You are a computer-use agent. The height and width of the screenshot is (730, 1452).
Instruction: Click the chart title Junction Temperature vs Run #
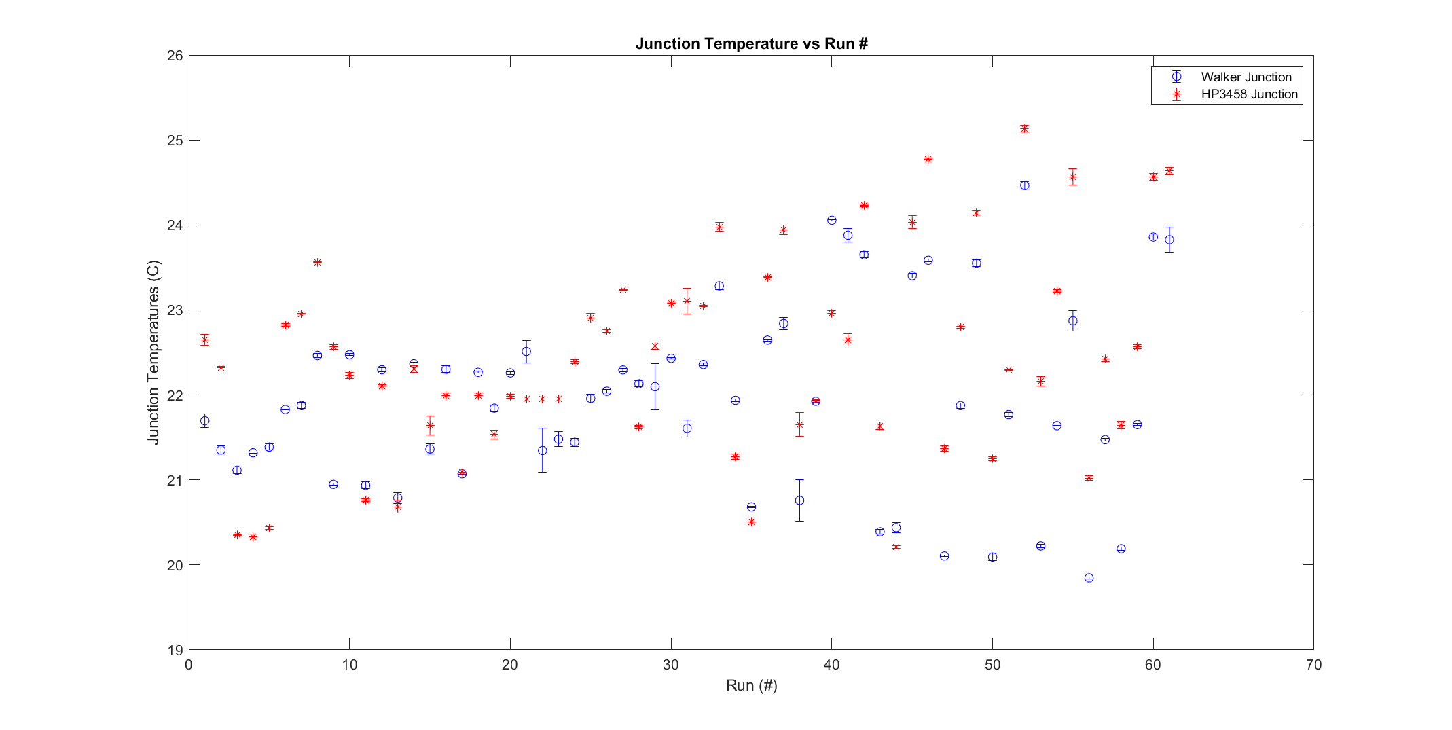click(x=751, y=44)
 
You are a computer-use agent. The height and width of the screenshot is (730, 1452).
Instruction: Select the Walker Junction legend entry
click(x=1246, y=77)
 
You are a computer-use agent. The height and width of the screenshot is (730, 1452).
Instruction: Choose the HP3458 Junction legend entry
click(x=1249, y=94)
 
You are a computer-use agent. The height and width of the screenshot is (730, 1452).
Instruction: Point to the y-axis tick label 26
click(x=175, y=56)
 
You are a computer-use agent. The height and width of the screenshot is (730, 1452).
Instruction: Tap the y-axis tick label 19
click(x=175, y=650)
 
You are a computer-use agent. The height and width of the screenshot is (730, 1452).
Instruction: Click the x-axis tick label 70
click(x=1313, y=665)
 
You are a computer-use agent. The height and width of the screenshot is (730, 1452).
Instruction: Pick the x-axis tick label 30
click(x=671, y=665)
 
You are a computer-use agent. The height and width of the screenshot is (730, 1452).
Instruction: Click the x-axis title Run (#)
click(x=751, y=686)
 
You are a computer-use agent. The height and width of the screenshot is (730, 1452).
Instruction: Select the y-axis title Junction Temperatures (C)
click(x=153, y=352)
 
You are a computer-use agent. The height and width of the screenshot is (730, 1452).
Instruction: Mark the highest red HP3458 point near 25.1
click(x=1024, y=128)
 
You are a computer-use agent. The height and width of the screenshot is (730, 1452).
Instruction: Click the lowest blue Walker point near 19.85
click(x=1089, y=578)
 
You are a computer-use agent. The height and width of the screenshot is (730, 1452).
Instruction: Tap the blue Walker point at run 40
click(x=831, y=220)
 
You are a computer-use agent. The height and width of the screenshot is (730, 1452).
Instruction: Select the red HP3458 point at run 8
click(x=317, y=262)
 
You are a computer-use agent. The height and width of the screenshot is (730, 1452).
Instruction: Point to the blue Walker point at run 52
click(x=1024, y=185)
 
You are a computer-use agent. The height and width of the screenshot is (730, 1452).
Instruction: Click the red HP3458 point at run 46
click(x=928, y=159)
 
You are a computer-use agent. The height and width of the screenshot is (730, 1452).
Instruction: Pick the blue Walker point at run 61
click(x=1169, y=240)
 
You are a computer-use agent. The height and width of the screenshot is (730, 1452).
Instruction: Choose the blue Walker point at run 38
click(x=799, y=500)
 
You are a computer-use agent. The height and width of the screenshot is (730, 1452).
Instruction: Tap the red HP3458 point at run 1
click(x=204, y=340)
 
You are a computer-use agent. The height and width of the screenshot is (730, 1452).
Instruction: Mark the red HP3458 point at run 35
click(x=751, y=522)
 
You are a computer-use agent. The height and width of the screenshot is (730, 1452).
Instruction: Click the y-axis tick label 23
click(x=175, y=310)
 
